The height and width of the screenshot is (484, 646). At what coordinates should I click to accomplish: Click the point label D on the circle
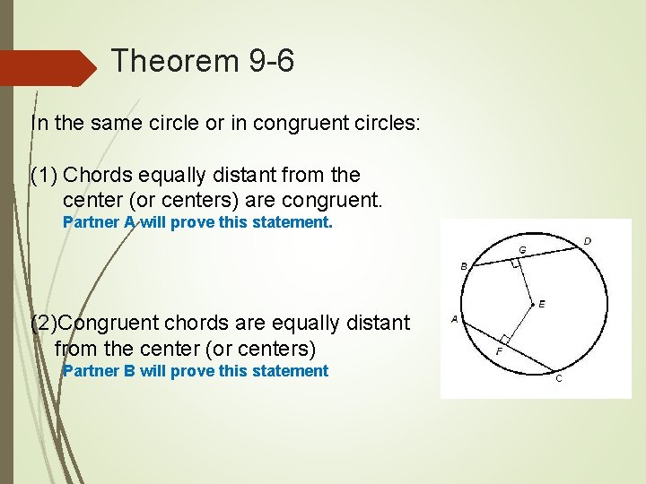coord(588,241)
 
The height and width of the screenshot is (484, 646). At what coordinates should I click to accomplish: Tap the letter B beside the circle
coord(464,266)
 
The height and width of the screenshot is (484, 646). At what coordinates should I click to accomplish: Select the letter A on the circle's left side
coord(455,319)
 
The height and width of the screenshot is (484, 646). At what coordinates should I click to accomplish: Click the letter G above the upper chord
coord(521,249)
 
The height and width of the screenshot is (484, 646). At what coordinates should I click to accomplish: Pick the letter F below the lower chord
coord(500,352)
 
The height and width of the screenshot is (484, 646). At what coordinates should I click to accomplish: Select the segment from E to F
coord(519,322)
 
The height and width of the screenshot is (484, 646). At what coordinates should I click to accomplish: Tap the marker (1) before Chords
coord(45,175)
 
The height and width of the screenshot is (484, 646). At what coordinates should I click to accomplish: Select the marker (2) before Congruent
coord(46,323)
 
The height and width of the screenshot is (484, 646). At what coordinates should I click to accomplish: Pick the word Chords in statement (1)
coord(94,175)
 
